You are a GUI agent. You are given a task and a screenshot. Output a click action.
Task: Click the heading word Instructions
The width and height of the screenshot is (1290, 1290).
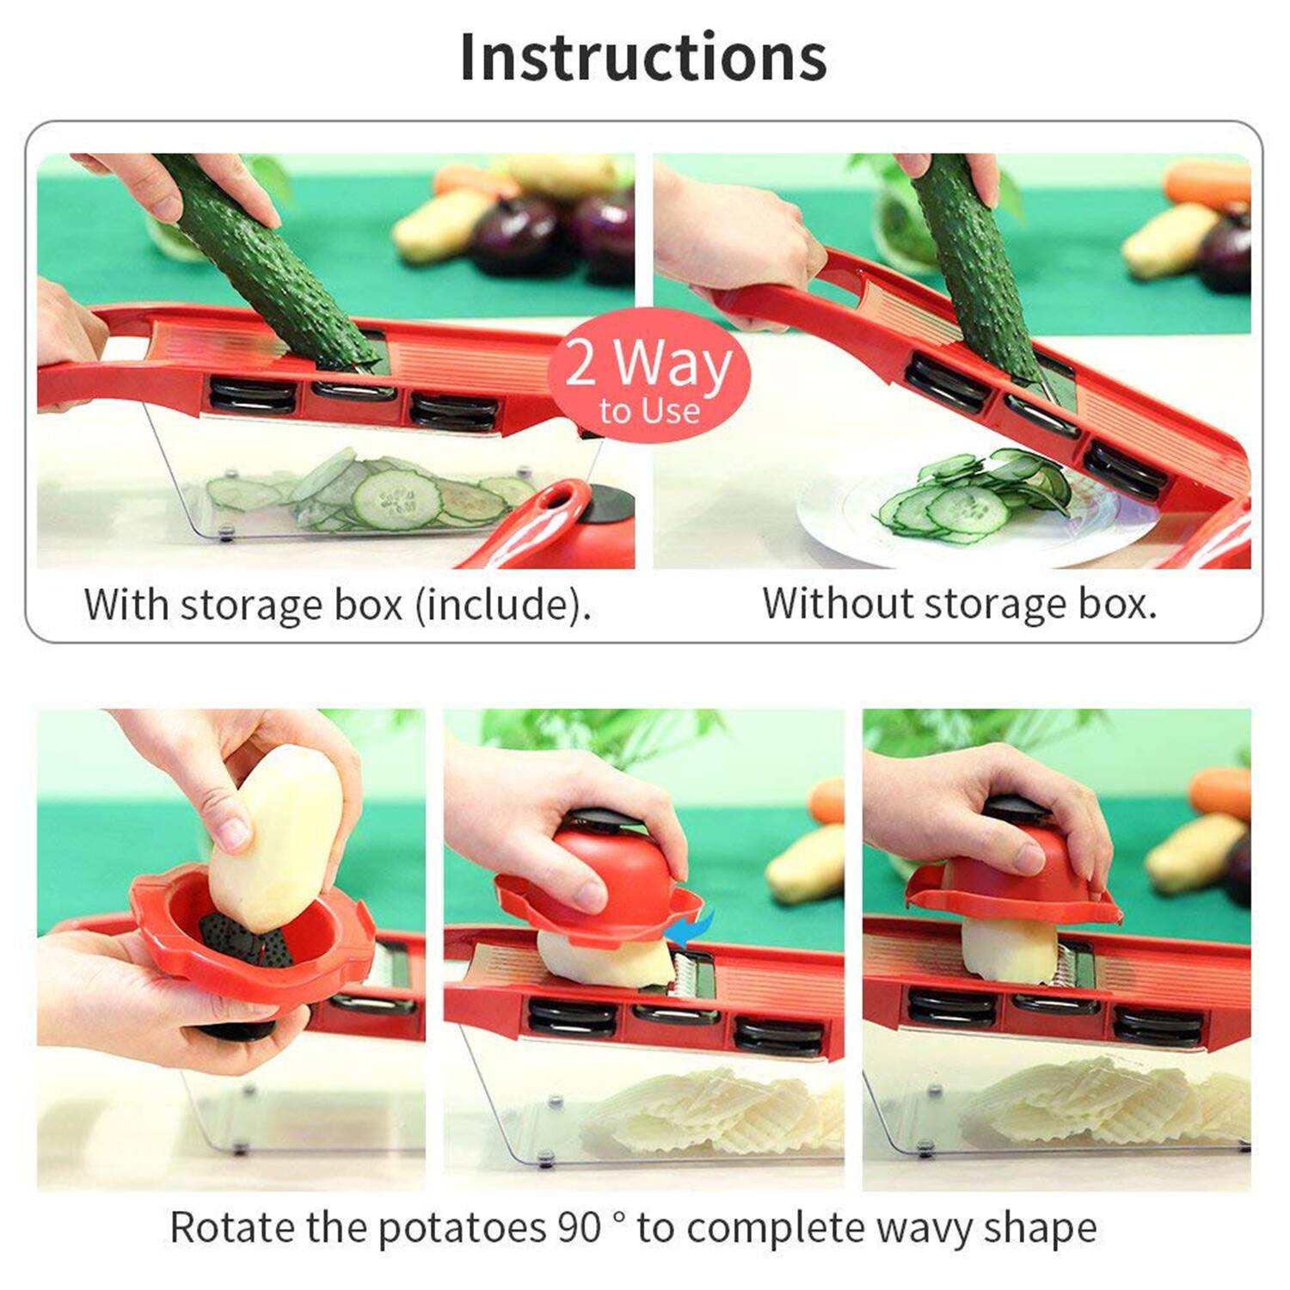643,58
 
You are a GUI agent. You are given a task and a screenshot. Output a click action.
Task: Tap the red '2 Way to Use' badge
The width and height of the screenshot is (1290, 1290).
649,375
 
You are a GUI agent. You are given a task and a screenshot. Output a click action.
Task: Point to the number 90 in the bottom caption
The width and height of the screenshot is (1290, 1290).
579,1227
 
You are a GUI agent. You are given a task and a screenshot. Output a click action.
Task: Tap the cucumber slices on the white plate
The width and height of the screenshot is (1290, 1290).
972,499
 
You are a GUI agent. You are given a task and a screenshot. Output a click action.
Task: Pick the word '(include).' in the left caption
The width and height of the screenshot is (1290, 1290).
503,605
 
